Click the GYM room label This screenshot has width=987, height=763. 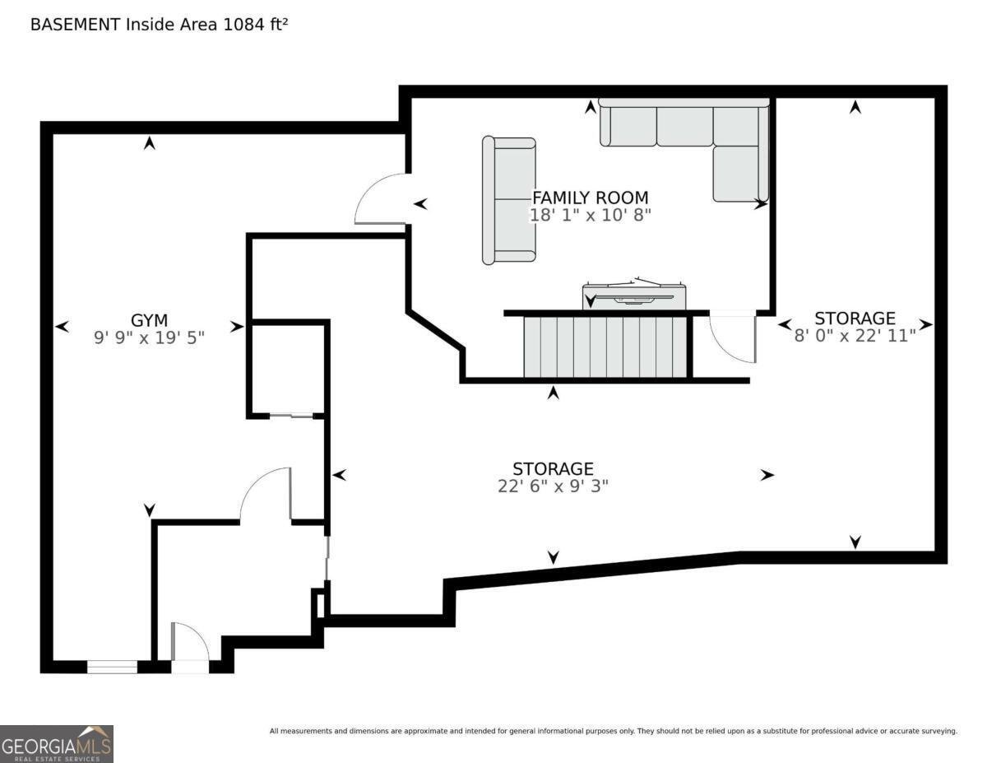(149, 319)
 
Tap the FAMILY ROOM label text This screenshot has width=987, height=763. (590, 198)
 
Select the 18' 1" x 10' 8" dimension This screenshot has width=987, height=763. (590, 215)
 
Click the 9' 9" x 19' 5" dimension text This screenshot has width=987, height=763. (149, 337)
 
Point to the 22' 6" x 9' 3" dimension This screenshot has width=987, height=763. (553, 486)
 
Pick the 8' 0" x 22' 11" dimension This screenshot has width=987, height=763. (855, 335)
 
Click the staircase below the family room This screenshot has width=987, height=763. (605, 347)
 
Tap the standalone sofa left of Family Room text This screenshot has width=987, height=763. (509, 200)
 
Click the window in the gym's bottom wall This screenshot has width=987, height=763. (112, 667)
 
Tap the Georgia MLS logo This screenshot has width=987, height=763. (57, 744)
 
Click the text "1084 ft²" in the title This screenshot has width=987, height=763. (254, 25)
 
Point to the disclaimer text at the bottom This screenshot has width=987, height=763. (613, 731)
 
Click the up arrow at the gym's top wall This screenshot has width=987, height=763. (149, 143)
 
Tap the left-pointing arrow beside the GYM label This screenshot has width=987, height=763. (62, 327)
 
